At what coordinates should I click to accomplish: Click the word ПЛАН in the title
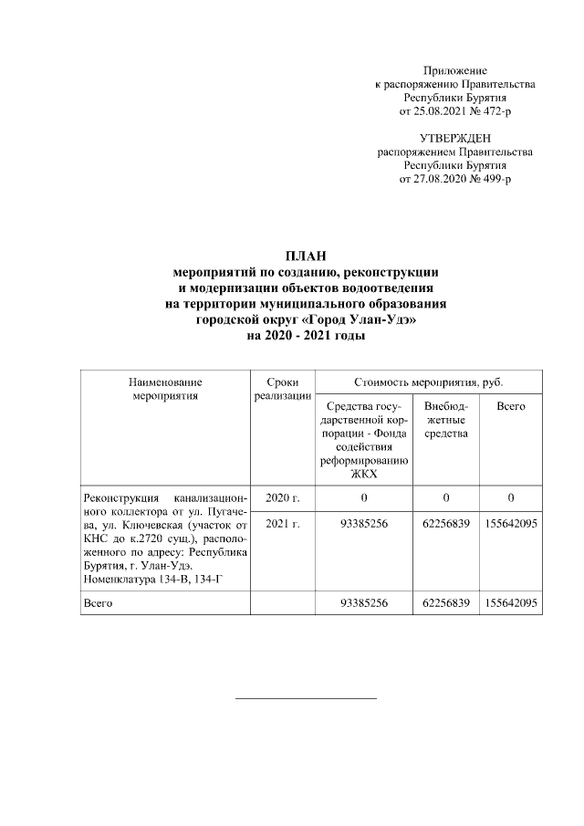pos(307,255)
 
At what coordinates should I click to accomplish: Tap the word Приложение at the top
pos(455,70)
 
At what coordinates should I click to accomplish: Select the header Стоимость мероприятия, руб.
pos(427,382)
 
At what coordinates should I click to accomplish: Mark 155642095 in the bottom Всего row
pos(511,603)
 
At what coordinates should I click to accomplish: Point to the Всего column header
pos(511,405)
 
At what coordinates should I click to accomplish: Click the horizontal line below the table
pos(306,698)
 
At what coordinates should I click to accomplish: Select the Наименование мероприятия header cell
pos(165,390)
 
